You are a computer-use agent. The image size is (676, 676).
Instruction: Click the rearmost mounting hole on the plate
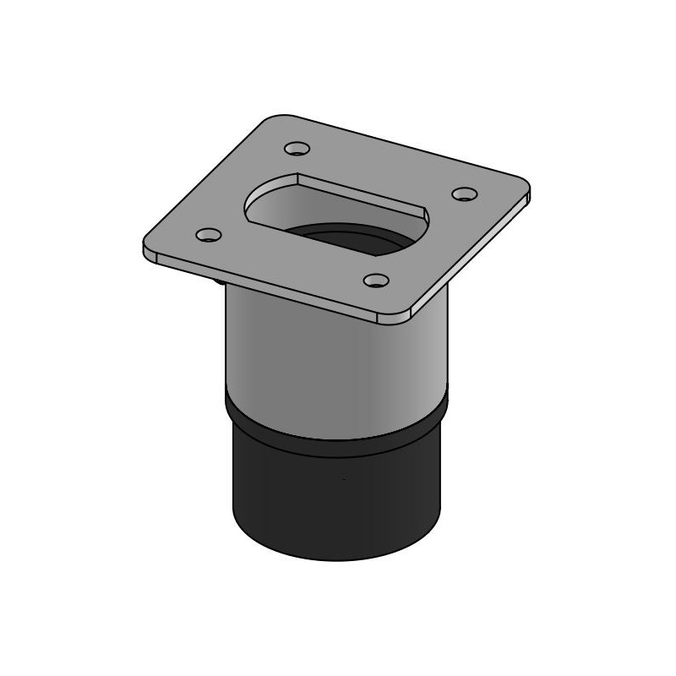coord(296,149)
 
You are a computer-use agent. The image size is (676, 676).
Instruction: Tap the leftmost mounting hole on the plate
coord(208,235)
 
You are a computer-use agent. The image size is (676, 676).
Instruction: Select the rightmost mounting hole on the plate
coord(464,194)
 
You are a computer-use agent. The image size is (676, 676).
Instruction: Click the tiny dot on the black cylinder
coord(343,480)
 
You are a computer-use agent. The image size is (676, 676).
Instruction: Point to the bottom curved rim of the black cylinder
coord(338,559)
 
